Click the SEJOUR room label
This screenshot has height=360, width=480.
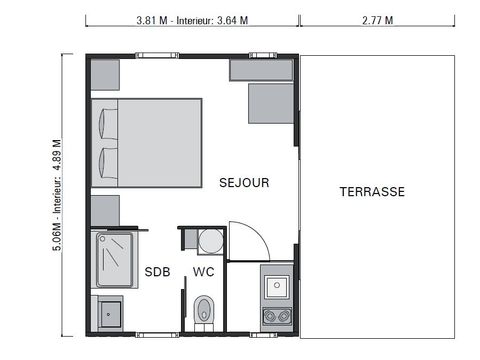(x=244, y=182)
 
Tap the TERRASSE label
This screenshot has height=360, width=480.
(x=371, y=192)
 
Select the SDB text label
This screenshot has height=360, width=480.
(x=157, y=271)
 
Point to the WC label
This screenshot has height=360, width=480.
(x=203, y=271)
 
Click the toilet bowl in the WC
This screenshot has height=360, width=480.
(x=204, y=308)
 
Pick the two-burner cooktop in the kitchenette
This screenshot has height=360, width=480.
(x=275, y=316)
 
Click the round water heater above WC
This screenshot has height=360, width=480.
(x=209, y=241)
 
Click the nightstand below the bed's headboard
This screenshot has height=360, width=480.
(x=105, y=210)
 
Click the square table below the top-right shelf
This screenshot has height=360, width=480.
(x=270, y=102)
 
